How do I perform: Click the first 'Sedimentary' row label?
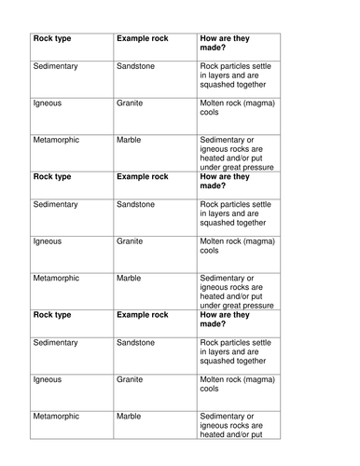pos(56,67)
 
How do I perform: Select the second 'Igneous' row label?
pos(47,240)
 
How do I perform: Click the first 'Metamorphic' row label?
pos(56,140)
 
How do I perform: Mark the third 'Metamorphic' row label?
pos(56,417)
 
